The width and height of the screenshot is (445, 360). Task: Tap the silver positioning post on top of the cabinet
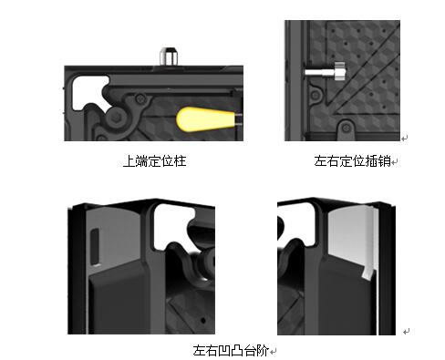[x=169, y=57]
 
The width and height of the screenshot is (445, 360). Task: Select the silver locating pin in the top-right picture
[x=325, y=72]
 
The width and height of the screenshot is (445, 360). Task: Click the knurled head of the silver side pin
[x=339, y=71]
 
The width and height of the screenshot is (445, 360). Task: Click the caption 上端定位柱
[x=155, y=161]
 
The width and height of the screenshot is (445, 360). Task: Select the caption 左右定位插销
[x=353, y=161]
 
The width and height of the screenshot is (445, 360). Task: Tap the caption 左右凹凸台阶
[x=231, y=350]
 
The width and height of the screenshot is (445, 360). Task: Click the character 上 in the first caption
[x=129, y=161]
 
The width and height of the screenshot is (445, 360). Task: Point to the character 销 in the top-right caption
[x=385, y=161]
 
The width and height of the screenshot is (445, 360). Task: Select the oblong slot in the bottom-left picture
[x=95, y=246]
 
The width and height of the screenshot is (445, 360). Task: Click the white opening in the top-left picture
[x=88, y=91]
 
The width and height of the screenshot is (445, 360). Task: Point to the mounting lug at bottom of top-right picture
[x=346, y=129]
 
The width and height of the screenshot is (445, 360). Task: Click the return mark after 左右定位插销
[x=395, y=162]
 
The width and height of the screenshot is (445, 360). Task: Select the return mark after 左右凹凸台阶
[x=273, y=352]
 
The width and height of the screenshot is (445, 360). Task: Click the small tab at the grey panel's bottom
[x=367, y=273]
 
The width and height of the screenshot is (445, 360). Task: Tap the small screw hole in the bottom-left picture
[x=203, y=320]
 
